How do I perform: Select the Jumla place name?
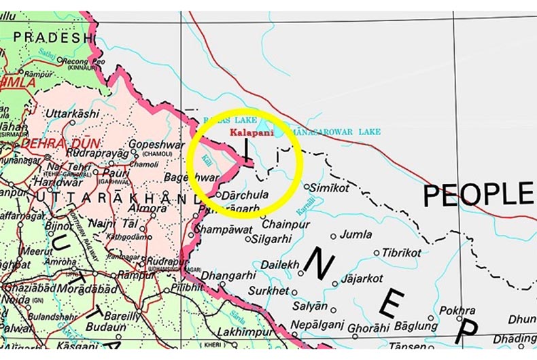click(356, 234)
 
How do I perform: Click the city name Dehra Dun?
click(60, 144)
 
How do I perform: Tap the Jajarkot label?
click(361, 278)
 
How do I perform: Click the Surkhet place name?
click(268, 291)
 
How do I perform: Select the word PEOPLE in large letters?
click(478, 195)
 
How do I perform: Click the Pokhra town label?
click(457, 310)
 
